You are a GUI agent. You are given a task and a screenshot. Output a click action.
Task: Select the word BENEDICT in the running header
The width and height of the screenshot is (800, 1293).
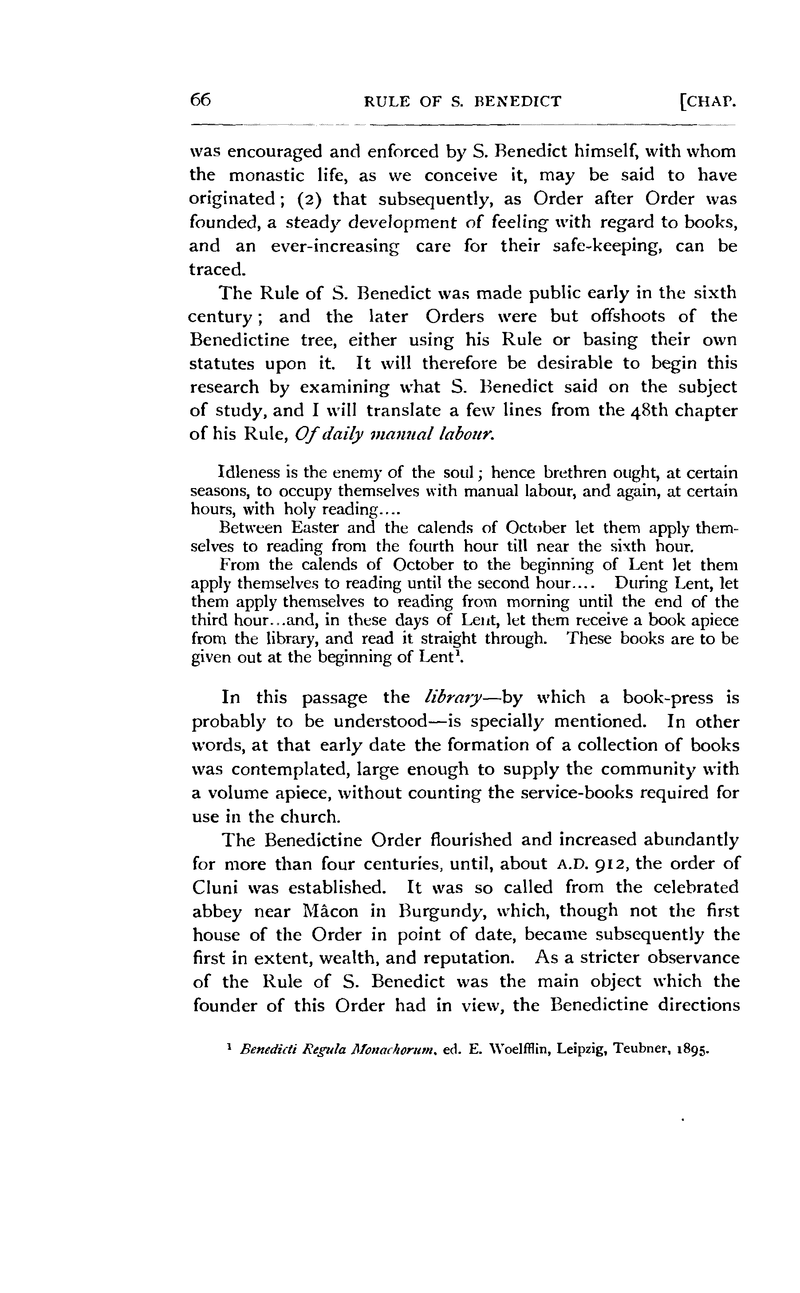tap(517, 101)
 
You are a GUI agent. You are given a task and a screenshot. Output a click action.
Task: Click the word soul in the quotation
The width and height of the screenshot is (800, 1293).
tap(460, 472)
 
